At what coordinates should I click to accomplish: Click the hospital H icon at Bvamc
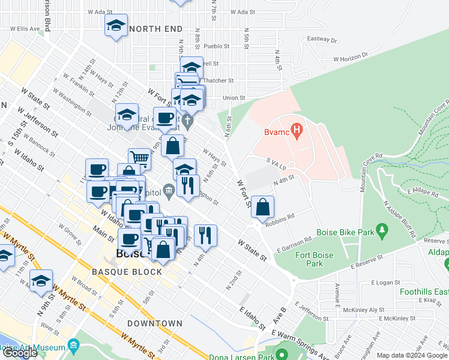(295, 130)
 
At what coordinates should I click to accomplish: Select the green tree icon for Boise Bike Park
(381, 230)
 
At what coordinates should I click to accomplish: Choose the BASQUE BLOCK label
(127, 272)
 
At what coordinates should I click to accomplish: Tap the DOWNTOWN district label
(155, 323)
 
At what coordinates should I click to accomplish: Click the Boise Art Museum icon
(74, 347)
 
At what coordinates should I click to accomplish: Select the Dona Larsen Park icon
(280, 350)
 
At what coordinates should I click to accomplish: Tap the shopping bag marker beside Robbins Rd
(263, 207)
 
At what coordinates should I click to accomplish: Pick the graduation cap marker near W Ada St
(116, 26)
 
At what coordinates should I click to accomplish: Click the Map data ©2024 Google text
(411, 355)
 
